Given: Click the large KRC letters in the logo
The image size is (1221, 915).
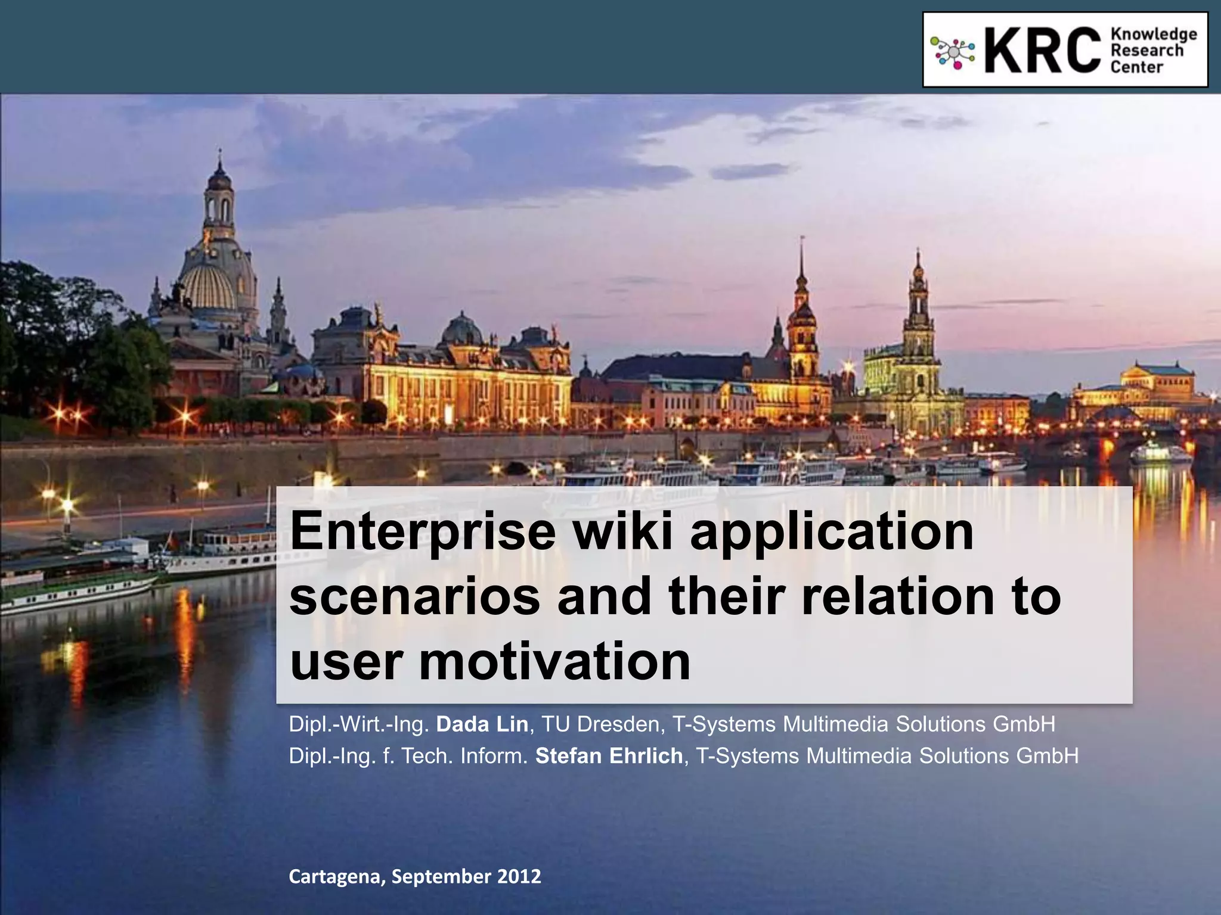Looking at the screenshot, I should pos(1042,50).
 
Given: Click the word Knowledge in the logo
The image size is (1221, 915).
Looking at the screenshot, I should pos(1154,35).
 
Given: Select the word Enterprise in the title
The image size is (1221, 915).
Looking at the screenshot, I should pos(423,532).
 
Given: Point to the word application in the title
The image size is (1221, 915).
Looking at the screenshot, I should pos(832,533).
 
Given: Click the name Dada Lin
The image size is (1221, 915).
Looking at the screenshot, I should pos(482,724).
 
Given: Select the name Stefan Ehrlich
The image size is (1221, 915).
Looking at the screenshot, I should pos(609,756).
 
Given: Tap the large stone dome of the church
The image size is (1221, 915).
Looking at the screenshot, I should pos(209,286).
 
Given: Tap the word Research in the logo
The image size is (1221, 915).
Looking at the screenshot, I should pos(1146,51).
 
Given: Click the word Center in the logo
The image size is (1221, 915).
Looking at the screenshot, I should pos(1136,67).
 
